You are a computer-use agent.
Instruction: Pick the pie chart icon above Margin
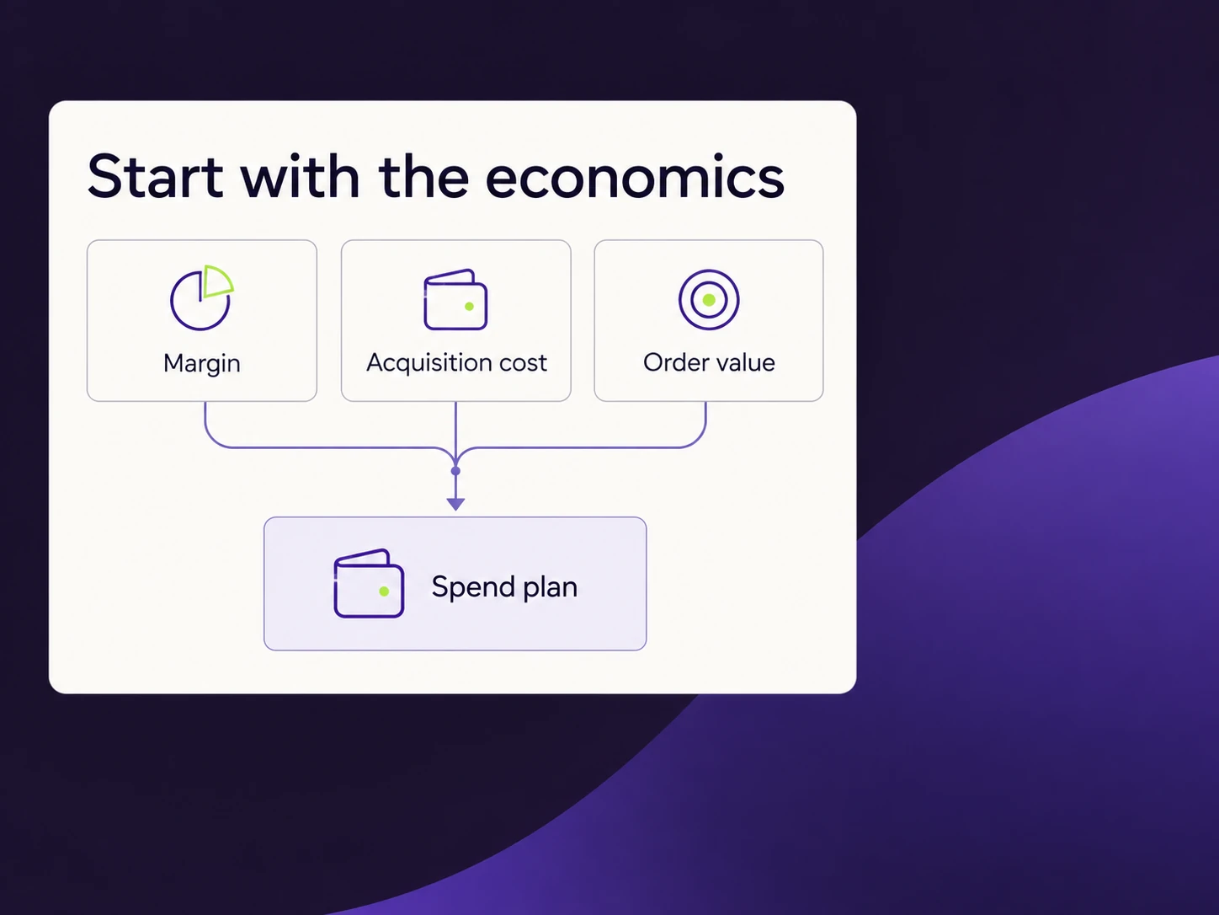tap(201, 297)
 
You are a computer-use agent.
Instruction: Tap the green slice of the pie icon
tap(217, 281)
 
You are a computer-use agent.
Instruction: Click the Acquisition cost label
tap(456, 363)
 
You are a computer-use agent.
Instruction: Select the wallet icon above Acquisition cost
tap(455, 299)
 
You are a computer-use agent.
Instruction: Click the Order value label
tap(709, 363)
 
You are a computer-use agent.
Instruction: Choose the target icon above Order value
tap(709, 300)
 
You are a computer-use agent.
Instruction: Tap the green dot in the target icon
tap(709, 300)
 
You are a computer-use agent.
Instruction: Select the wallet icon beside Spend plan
tap(369, 583)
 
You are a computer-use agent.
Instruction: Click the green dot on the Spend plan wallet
tap(384, 591)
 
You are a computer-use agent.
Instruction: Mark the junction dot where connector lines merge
tap(456, 471)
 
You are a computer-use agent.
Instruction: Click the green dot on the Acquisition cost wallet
tap(469, 306)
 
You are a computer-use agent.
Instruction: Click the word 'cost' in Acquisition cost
tap(523, 363)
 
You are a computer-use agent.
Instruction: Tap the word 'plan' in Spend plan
tap(550, 588)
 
